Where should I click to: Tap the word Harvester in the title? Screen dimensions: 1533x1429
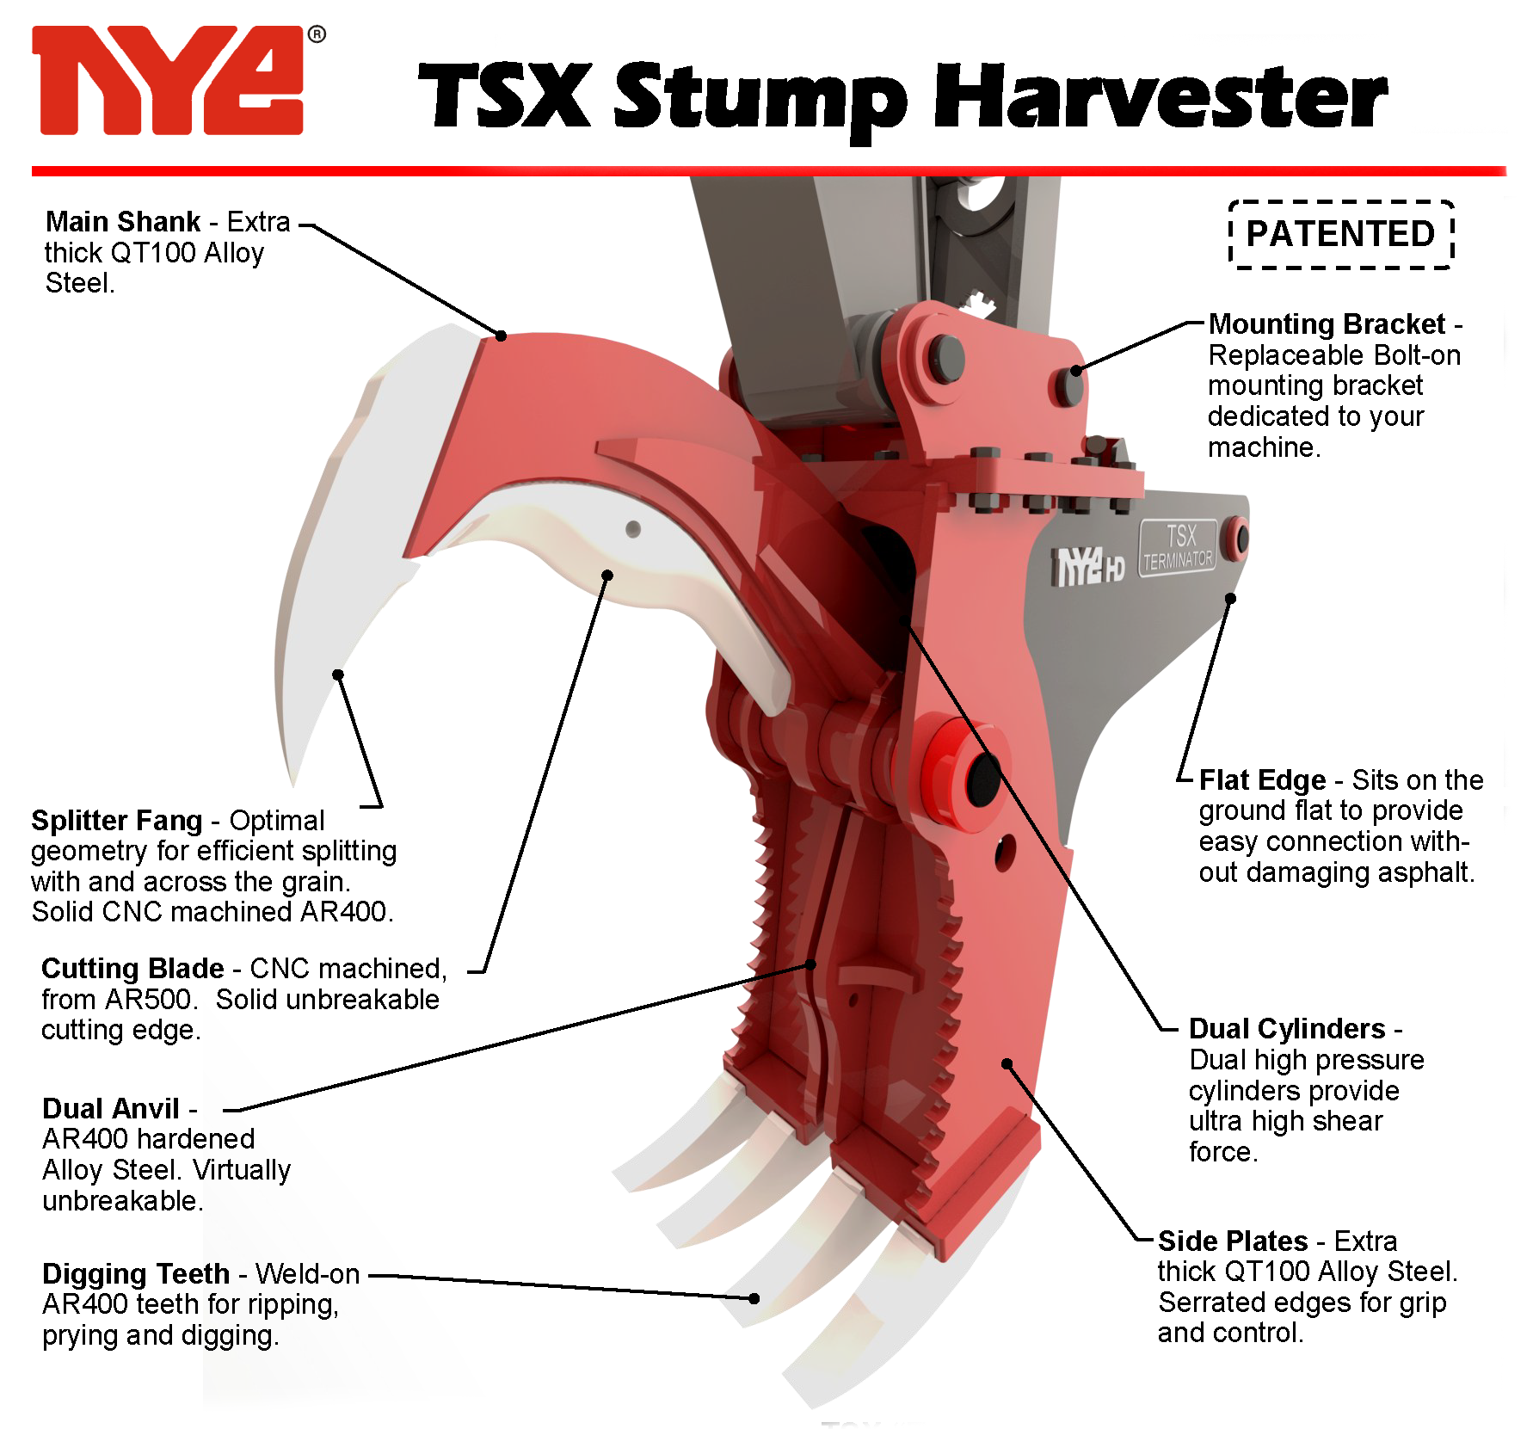point(1161,96)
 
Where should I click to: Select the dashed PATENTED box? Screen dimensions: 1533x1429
point(1341,234)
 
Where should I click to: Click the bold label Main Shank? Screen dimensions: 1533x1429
point(123,222)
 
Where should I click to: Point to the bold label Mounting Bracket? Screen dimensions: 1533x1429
point(1327,324)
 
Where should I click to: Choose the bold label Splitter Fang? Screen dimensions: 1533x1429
point(116,821)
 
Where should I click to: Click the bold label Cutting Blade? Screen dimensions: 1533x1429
point(132,969)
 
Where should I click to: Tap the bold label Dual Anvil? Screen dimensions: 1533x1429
point(111,1109)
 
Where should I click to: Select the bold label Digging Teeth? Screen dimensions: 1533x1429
point(136,1274)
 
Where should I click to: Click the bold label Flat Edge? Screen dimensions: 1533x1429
point(1262,780)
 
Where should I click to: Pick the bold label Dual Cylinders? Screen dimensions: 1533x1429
point(1287,1029)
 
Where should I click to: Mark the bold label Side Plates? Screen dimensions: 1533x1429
point(1233,1241)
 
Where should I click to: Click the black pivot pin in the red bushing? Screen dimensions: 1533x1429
point(982,779)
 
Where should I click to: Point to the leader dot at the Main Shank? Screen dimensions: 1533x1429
point(501,336)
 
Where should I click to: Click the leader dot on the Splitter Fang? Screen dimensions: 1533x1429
point(338,674)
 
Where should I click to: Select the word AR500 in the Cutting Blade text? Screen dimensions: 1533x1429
point(147,1000)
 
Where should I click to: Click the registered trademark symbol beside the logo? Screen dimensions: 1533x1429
point(317,34)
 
